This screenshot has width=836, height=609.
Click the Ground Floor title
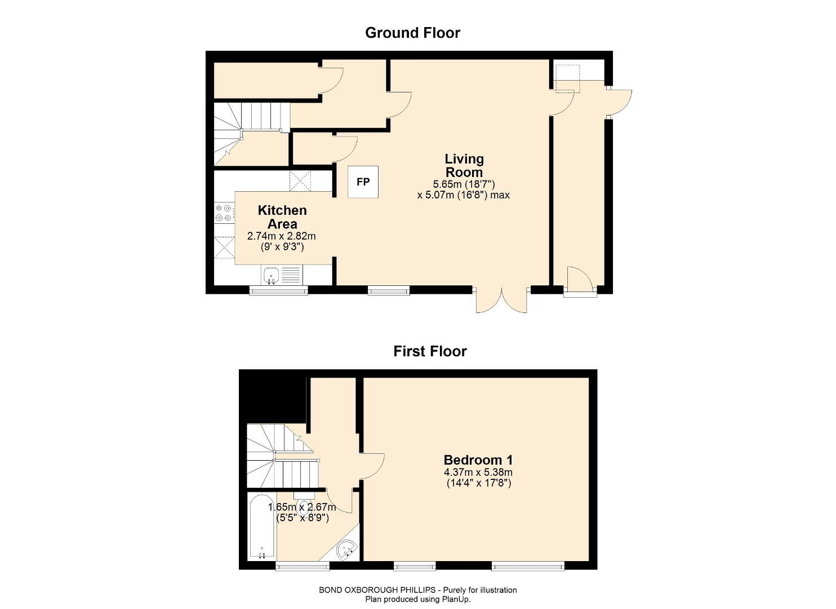pos(412,33)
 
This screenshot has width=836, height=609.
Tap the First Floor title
pos(430,351)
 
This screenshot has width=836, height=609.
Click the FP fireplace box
pos(363,182)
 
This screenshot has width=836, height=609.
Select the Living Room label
pos(464,166)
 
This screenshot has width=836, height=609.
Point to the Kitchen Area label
pos(283,217)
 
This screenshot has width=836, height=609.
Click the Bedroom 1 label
pos(478,460)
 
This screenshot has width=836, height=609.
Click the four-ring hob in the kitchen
pos(224,212)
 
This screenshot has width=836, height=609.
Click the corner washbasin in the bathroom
pos(346,550)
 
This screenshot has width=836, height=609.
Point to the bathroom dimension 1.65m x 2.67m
pos(302,507)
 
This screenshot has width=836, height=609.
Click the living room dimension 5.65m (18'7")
pos(464,184)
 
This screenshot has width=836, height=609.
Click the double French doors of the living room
pos(502,300)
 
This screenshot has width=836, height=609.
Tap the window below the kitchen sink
pos(278,290)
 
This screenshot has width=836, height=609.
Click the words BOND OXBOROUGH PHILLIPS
pos(377,590)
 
